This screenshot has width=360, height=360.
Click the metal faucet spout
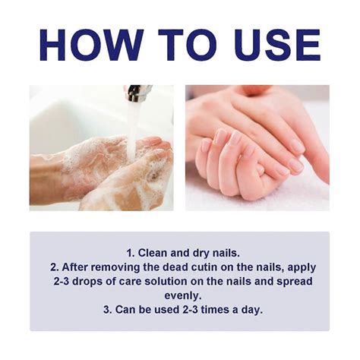pos(137,93)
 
